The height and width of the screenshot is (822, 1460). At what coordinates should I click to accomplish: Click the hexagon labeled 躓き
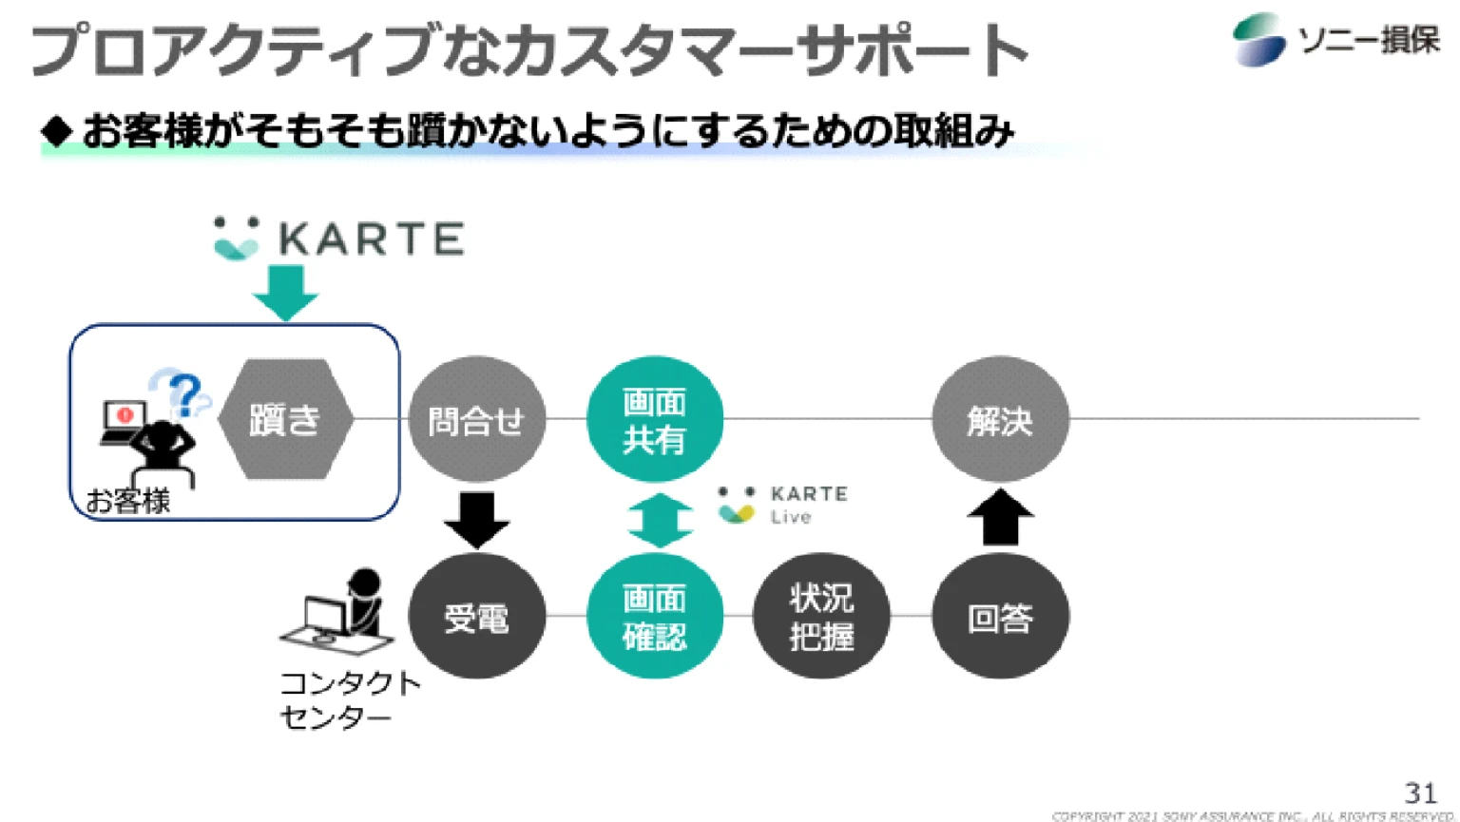point(285,419)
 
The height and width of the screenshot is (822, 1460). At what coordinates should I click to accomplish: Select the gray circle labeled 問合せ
point(476,419)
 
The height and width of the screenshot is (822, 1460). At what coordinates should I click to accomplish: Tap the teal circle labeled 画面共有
point(654,419)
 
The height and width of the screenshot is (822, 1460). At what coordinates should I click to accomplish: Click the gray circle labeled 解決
point(1000,419)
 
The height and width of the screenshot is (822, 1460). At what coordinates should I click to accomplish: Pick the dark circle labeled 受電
point(476,617)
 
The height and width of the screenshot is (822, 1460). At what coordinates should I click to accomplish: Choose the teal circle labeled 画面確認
point(654,617)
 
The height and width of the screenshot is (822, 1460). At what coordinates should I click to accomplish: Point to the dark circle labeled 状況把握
point(821,617)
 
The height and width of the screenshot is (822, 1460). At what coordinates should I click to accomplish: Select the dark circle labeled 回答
point(1000,617)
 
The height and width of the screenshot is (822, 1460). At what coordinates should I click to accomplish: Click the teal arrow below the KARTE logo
point(285,292)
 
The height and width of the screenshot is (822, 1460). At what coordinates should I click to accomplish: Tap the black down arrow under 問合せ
point(476,519)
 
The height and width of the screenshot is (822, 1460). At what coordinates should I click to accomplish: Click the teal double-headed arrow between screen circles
point(660,520)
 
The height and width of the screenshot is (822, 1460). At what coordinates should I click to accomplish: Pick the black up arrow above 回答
point(1000,518)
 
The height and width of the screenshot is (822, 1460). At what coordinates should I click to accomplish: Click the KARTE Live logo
point(781,505)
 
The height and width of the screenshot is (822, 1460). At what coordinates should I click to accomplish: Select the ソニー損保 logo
point(1335,40)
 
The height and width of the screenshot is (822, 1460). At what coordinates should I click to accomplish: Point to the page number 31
point(1420,792)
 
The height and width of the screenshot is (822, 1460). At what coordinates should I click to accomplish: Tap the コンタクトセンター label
point(349,699)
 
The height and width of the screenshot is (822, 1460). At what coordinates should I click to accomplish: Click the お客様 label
point(127,501)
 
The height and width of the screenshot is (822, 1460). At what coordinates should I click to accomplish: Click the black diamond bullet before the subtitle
point(57,131)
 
